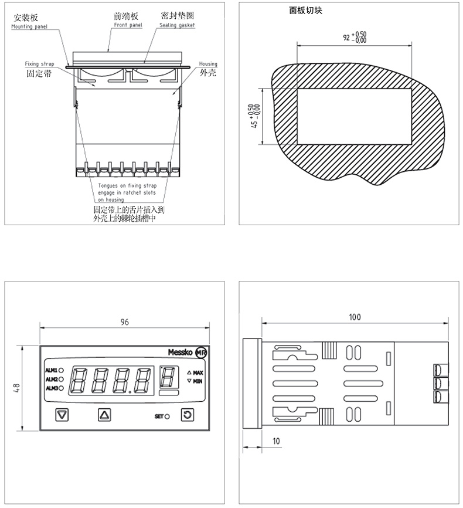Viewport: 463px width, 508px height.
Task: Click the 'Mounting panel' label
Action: tap(29, 26)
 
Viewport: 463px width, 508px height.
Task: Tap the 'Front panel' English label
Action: tap(128, 25)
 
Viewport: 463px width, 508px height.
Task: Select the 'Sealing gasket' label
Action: tap(177, 25)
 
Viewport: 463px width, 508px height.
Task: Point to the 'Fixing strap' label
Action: tap(39, 64)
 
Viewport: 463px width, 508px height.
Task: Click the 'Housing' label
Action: tap(208, 64)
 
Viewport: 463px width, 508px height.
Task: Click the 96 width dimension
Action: tap(125, 322)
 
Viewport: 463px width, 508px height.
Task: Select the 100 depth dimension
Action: tap(355, 317)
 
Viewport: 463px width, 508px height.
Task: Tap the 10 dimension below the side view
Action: tap(276, 441)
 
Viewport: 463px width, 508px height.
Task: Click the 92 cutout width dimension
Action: tap(355, 38)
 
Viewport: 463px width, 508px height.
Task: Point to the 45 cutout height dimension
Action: tap(254, 116)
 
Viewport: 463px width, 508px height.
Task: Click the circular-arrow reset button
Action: tap(187, 415)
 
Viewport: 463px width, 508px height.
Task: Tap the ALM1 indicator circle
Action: tap(61, 370)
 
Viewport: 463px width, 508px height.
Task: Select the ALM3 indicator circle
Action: tap(61, 388)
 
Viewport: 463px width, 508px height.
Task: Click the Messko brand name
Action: tap(181, 352)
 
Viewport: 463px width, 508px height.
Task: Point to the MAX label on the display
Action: tap(198, 372)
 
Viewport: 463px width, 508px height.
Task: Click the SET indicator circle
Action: tap(167, 416)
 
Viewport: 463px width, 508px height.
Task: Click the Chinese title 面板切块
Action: tap(306, 11)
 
